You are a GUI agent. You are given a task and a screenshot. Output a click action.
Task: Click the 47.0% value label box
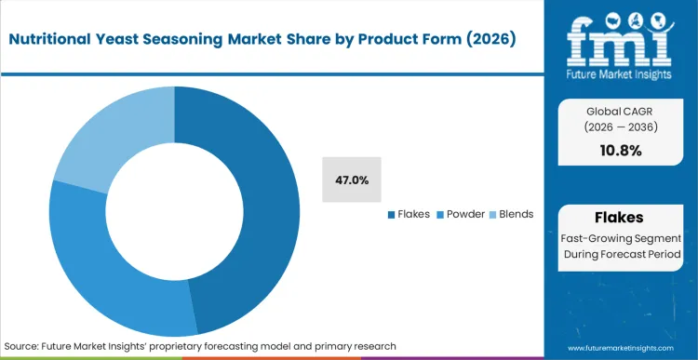click(352, 180)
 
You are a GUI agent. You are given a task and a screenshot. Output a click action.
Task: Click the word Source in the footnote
click(25, 345)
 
